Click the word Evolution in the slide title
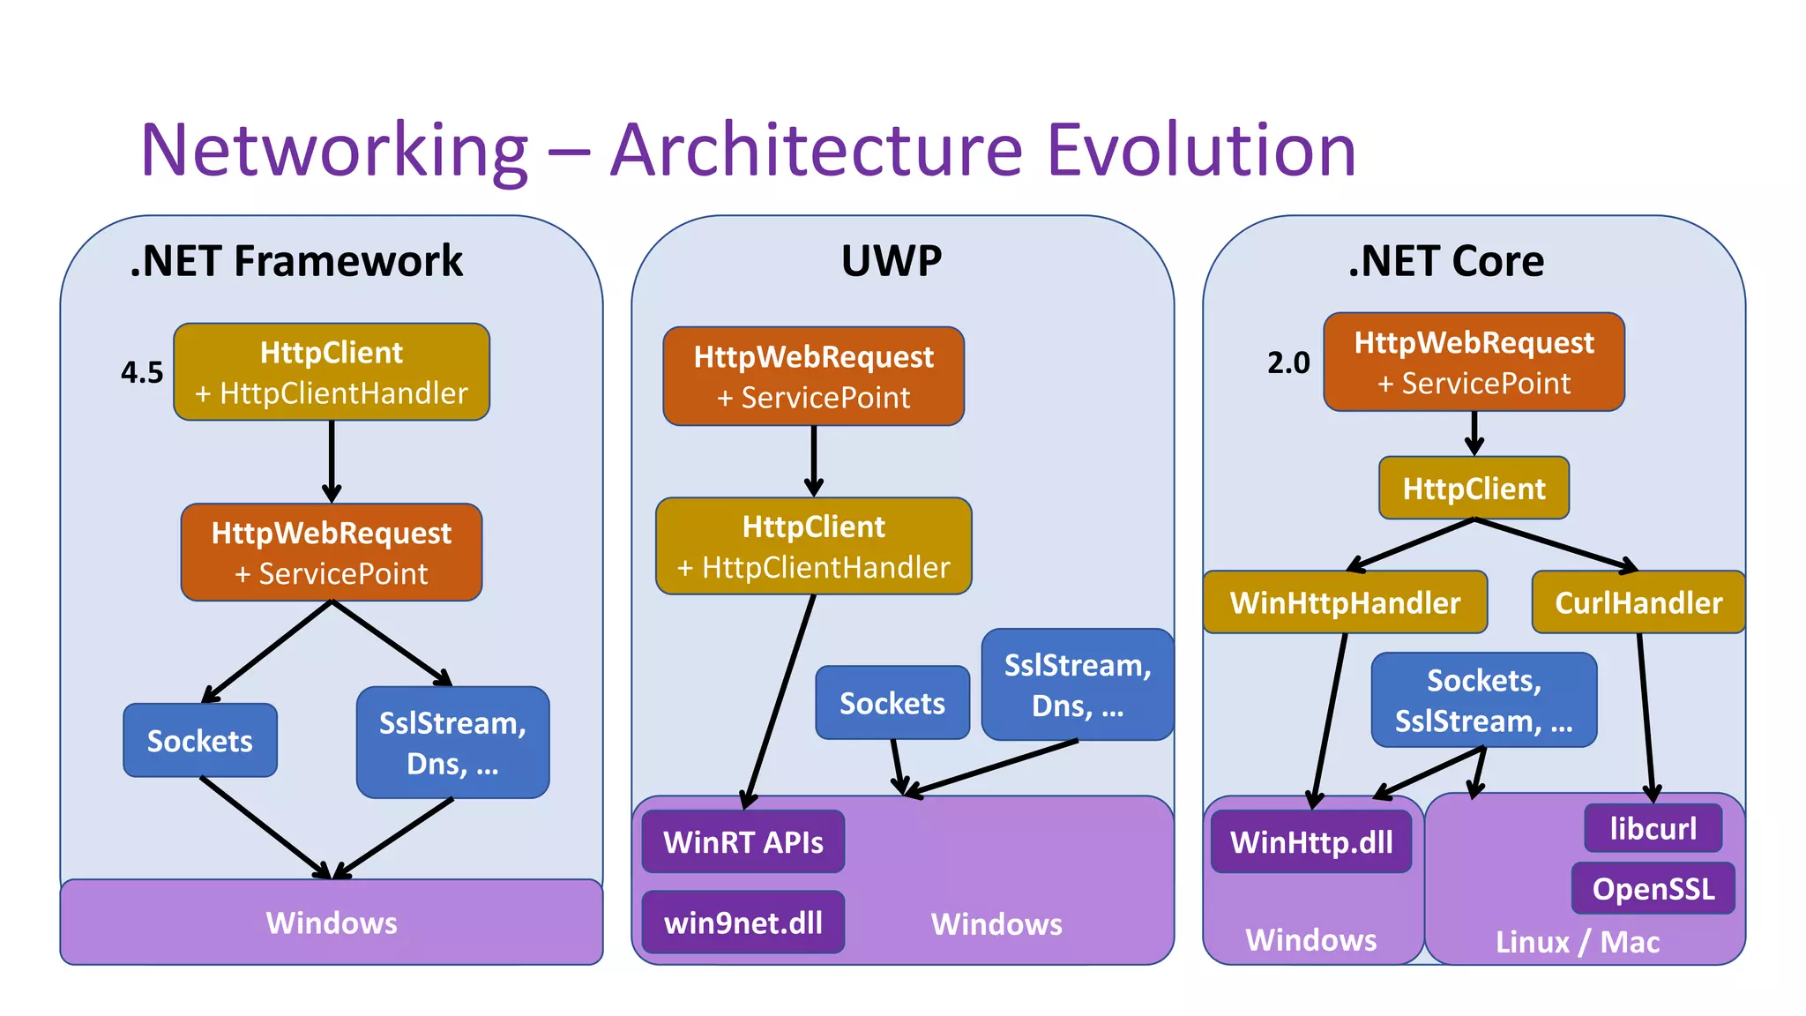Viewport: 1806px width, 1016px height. [x=1201, y=150]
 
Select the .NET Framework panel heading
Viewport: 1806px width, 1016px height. [x=296, y=261]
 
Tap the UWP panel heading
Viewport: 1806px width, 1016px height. [x=892, y=261]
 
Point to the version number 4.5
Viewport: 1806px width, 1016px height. [x=142, y=372]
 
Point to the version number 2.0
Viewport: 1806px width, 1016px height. [x=1288, y=362]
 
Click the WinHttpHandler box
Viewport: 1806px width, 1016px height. [x=1345, y=602]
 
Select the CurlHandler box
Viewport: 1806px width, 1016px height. [x=1638, y=602]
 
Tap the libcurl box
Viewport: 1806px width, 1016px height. [x=1653, y=828]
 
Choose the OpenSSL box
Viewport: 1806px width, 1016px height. [x=1653, y=888]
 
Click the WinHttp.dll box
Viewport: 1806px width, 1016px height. [x=1311, y=841]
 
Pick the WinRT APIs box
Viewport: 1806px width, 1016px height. [x=743, y=841]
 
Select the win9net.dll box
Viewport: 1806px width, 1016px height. [x=743, y=923]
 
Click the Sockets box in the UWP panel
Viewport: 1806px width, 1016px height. [x=892, y=703]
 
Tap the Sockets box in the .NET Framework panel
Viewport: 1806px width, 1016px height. [x=199, y=741]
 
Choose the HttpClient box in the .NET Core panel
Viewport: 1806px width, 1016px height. [x=1474, y=488]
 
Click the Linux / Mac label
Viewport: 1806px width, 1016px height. [x=1577, y=942]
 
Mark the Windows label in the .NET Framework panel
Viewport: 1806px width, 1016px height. [x=332, y=923]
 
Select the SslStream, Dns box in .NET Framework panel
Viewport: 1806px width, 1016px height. [x=452, y=743]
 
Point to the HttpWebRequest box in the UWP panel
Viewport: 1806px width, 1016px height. [x=813, y=377]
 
